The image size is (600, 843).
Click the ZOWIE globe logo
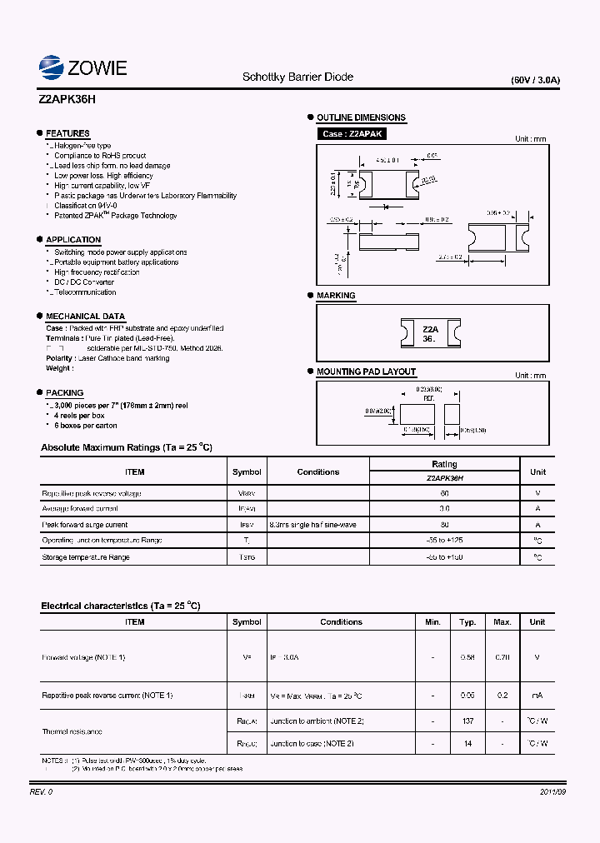(52, 67)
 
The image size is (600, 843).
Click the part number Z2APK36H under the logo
(68, 98)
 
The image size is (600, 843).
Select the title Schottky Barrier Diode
(297, 77)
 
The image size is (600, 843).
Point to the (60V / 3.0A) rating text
(535, 81)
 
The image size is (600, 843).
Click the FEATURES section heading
(67, 133)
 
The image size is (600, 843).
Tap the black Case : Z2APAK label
(352, 133)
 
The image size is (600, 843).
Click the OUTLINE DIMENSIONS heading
(361, 117)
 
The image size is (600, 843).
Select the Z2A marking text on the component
(430, 329)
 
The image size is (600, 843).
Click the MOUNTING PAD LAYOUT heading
(366, 372)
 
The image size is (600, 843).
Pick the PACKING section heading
(64, 392)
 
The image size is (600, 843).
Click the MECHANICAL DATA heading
(85, 317)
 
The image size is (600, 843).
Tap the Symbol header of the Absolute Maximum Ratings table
(247, 472)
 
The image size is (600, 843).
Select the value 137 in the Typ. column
(468, 721)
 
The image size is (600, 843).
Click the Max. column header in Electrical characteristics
(502, 622)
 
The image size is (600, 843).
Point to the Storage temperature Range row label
(86, 557)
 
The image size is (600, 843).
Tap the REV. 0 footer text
(41, 791)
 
